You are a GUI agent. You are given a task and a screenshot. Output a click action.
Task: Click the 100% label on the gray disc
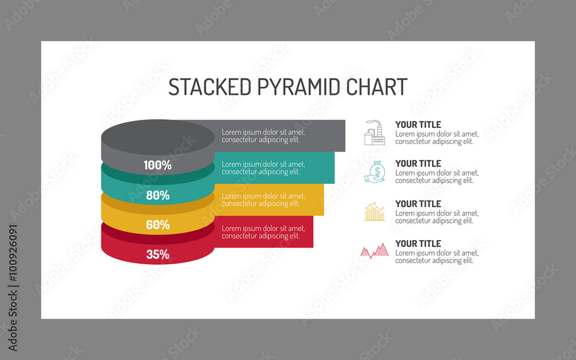click(157, 165)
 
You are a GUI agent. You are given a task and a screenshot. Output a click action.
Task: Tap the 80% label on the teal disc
click(157, 195)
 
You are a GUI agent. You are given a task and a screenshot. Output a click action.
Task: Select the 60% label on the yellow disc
click(157, 225)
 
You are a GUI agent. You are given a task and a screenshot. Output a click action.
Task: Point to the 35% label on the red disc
click(157, 254)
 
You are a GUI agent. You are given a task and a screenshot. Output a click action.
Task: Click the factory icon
click(374, 132)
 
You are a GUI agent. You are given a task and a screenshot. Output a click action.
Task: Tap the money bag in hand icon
click(375, 172)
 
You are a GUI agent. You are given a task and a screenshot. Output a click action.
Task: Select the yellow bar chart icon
click(375, 211)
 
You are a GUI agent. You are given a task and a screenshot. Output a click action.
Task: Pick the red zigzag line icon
click(374, 251)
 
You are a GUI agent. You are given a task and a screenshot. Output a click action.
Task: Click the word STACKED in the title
click(210, 87)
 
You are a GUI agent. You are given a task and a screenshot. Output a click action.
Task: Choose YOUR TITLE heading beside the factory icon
click(418, 124)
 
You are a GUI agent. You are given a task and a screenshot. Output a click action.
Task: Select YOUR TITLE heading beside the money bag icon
click(418, 164)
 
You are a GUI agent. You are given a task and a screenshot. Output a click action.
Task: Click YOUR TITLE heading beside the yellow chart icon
click(418, 204)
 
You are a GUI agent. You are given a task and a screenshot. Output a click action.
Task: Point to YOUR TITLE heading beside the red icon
click(418, 244)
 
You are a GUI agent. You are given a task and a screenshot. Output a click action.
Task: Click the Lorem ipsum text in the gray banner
click(263, 135)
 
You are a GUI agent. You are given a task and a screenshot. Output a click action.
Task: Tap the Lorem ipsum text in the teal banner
click(263, 168)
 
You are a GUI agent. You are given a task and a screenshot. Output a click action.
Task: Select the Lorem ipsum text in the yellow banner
click(263, 200)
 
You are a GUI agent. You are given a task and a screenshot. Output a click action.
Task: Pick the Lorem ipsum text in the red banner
click(263, 232)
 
